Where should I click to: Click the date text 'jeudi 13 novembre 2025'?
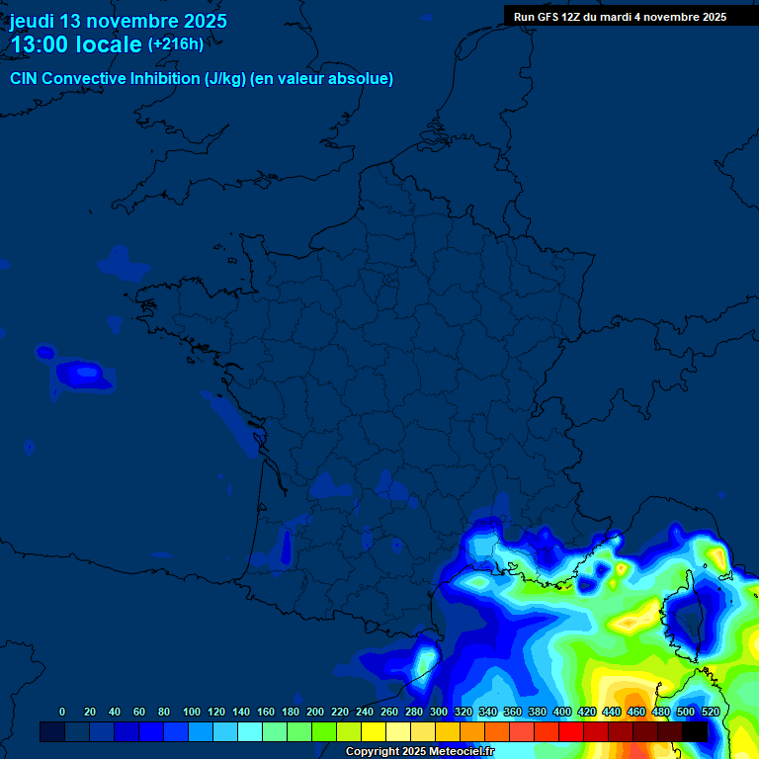[x=118, y=21]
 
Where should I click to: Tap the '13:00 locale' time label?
[x=76, y=44]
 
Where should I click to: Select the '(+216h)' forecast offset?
[x=176, y=44]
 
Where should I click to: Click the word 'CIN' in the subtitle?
[x=24, y=79]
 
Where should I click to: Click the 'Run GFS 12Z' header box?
[x=620, y=16]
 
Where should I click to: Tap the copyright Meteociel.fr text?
[x=419, y=752]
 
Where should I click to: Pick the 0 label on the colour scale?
[x=62, y=712]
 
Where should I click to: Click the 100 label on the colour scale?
[x=191, y=712]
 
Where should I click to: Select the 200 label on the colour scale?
[x=315, y=712]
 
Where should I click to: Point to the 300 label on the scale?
[x=439, y=712]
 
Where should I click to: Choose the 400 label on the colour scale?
[x=562, y=712]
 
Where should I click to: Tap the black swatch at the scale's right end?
[x=695, y=731]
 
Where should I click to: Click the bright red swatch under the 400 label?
[x=570, y=731]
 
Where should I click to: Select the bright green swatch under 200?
[x=323, y=731]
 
